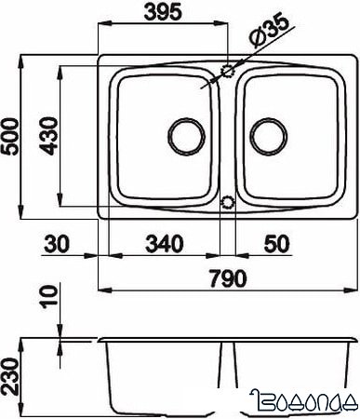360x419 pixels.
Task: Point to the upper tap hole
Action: click(228, 71)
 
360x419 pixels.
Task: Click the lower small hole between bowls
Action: click(228, 201)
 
